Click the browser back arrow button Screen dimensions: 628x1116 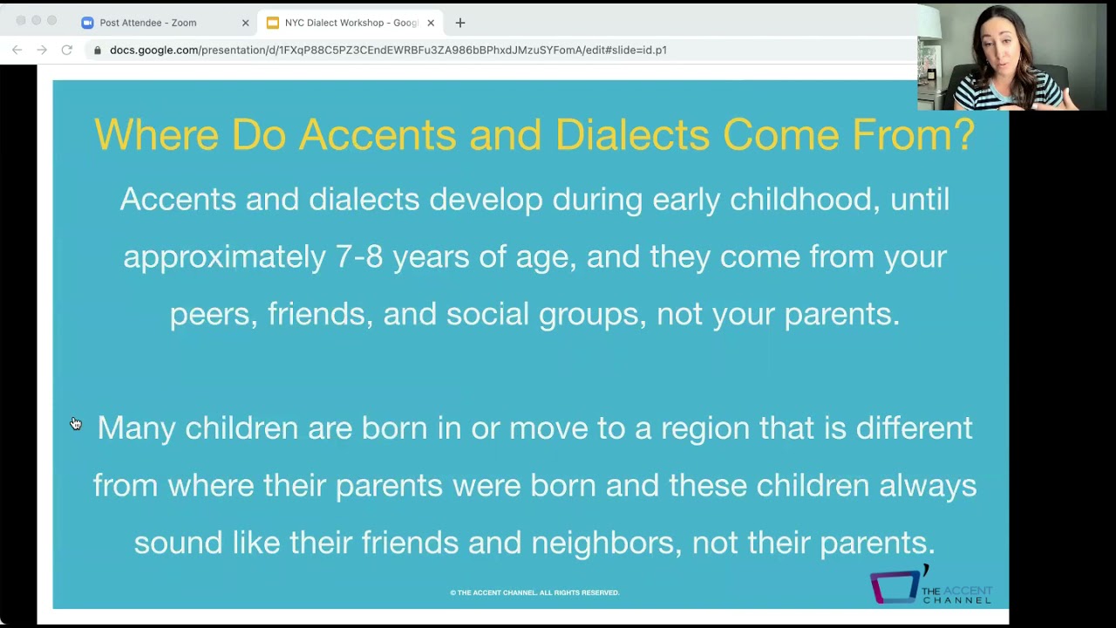[17, 50]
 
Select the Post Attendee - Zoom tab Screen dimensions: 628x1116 [147, 23]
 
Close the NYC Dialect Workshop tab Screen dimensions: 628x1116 [431, 23]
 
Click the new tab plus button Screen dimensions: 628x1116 [460, 23]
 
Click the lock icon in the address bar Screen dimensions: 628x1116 [98, 51]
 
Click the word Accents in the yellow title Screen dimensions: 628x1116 [377, 135]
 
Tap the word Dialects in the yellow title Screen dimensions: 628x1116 [632, 135]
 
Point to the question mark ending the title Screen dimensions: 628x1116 [964, 135]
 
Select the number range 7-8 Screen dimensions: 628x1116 [359, 257]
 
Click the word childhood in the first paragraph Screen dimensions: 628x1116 [800, 200]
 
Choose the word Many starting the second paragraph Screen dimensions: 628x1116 [136, 428]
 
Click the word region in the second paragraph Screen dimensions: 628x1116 [704, 428]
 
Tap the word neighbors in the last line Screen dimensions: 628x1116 [602, 543]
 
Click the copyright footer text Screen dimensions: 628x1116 [534, 593]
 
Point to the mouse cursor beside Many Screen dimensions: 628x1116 [76, 424]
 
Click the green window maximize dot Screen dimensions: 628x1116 [52, 21]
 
